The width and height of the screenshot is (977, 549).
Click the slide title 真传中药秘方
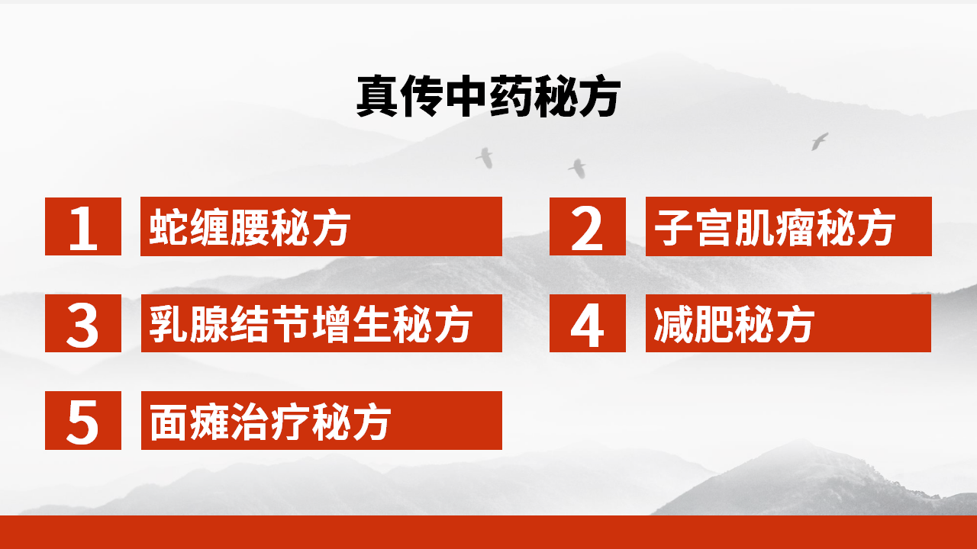pyautogui.click(x=488, y=97)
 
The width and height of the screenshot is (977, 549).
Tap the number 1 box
pyautogui.click(x=83, y=226)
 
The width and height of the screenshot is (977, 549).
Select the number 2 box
pyautogui.click(x=587, y=226)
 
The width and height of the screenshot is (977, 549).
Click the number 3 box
pyautogui.click(x=83, y=323)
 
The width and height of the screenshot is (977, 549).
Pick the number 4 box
pyautogui.click(x=587, y=323)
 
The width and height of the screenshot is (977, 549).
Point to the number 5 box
pyautogui.click(x=83, y=420)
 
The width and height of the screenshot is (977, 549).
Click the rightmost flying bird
pyautogui.click(x=820, y=141)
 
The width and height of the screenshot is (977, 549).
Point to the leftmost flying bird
pyautogui.click(x=485, y=157)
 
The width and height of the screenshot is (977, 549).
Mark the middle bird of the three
pyautogui.click(x=578, y=168)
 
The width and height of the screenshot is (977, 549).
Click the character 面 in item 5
pyautogui.click(x=168, y=420)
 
